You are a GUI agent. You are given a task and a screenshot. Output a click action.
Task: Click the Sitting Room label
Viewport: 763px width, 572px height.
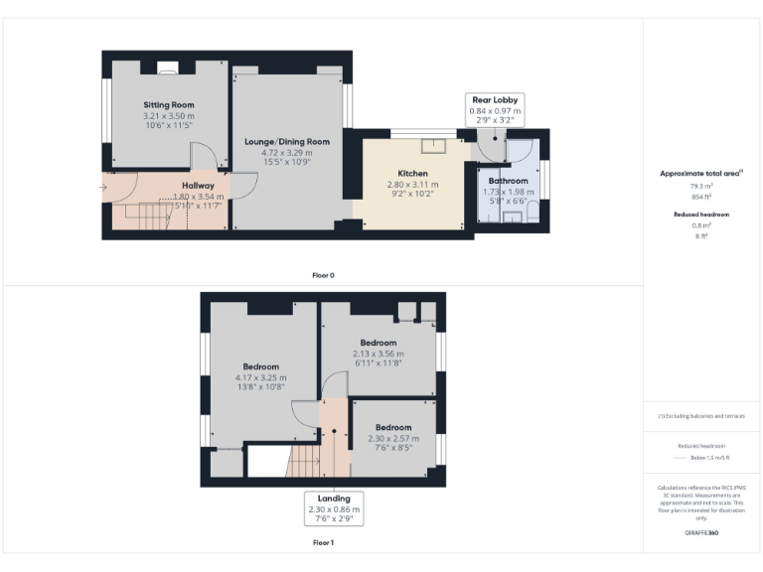pos(168,104)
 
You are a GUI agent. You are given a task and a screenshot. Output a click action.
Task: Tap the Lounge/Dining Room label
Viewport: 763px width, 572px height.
pos(286,142)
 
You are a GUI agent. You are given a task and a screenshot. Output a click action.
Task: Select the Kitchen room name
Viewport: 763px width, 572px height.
pos(412,173)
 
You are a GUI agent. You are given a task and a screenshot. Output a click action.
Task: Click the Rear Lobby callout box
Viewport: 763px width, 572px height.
pos(494,109)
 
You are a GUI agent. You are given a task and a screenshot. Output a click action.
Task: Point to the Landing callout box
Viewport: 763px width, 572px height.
pos(335,508)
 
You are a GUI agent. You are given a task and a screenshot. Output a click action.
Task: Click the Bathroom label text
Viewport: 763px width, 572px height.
pos(508,181)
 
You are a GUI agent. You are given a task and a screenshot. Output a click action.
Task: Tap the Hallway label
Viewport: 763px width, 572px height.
pos(198,186)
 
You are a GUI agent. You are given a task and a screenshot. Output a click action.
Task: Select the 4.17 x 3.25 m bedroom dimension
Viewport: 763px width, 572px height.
pos(260,377)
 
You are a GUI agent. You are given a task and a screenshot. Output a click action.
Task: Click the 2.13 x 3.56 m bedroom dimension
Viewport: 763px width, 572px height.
pos(379,354)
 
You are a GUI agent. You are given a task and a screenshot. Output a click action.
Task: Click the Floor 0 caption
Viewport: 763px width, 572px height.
pos(323,275)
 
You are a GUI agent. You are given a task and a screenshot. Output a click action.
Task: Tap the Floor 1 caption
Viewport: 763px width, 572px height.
pos(323,543)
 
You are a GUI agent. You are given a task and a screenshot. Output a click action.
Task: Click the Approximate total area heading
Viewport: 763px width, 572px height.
pos(701,173)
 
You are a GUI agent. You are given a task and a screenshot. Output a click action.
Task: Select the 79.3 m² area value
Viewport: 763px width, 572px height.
pos(701,185)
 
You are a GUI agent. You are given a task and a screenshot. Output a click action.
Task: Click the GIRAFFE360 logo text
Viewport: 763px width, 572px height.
pos(701,533)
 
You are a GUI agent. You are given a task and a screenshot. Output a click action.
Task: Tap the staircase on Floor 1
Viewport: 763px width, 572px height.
pos(302,461)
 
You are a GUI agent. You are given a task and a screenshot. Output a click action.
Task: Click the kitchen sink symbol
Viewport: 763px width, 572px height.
pos(433,147)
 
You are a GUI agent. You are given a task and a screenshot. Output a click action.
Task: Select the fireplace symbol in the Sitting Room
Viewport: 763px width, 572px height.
pos(168,69)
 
